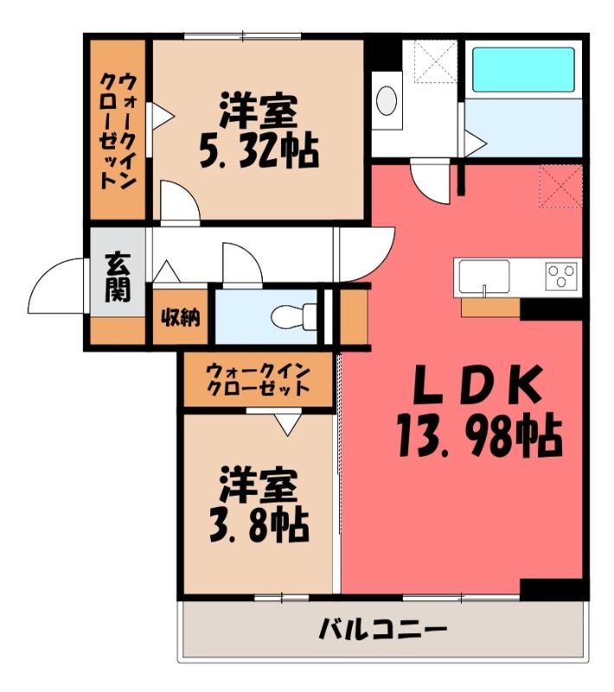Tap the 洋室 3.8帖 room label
[259, 504]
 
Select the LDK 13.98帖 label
[479, 410]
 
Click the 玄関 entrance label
[118, 276]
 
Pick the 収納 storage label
[181, 317]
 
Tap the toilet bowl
[294, 317]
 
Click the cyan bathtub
[523, 70]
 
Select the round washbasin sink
[387, 100]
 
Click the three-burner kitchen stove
[561, 276]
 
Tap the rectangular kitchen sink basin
[484, 277]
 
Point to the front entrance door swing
[55, 286]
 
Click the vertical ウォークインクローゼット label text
[118, 131]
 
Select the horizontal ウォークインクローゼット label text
[258, 379]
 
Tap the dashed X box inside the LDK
[561, 186]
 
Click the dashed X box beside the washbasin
[436, 61]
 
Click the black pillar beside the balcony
[554, 590]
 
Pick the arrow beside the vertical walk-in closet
[163, 116]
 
